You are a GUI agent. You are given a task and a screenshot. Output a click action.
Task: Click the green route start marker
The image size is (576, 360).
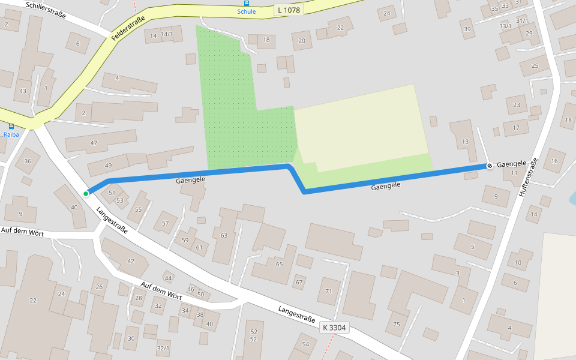point(86,193)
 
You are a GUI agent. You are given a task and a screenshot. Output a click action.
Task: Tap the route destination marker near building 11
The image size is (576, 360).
point(490,165)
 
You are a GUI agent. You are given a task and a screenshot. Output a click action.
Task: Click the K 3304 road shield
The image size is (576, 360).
point(334,328)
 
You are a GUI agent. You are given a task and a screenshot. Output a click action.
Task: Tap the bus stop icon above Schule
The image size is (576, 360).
point(247,4)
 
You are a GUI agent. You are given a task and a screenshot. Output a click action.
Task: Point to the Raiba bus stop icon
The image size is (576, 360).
point(11,127)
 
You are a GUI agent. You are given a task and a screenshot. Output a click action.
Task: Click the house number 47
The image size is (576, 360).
point(94,143)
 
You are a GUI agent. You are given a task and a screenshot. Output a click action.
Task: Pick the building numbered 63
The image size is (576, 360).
point(224,235)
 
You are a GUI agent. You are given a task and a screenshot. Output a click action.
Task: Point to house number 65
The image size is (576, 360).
point(279,264)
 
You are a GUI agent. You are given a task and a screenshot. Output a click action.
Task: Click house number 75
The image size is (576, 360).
point(396,324)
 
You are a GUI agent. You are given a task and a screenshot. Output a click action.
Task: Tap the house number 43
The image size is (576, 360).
point(23,91)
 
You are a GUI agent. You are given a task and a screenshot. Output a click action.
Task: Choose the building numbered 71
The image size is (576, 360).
point(328,291)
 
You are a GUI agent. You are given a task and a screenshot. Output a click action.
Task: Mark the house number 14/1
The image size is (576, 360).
point(167,35)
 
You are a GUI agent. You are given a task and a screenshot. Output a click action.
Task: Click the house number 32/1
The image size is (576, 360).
point(163,348)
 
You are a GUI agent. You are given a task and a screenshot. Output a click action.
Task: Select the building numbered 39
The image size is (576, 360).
point(467,29)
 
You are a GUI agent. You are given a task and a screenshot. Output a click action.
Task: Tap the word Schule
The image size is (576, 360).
point(247,11)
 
